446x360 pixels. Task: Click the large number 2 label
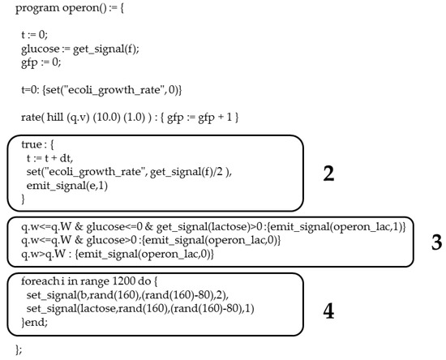pos(328,174)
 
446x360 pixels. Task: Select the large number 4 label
pos(328,311)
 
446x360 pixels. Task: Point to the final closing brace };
pos(19,349)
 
